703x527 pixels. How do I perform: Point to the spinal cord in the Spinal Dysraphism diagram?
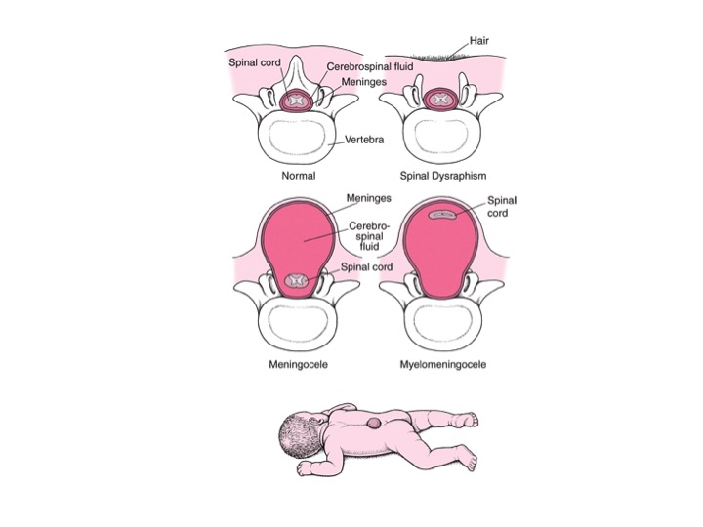443,101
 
